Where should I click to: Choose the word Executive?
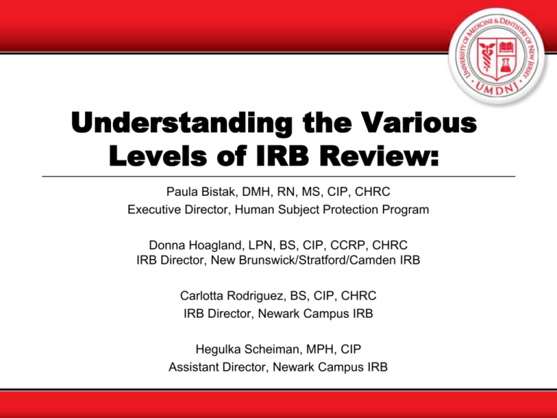pos(153,211)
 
